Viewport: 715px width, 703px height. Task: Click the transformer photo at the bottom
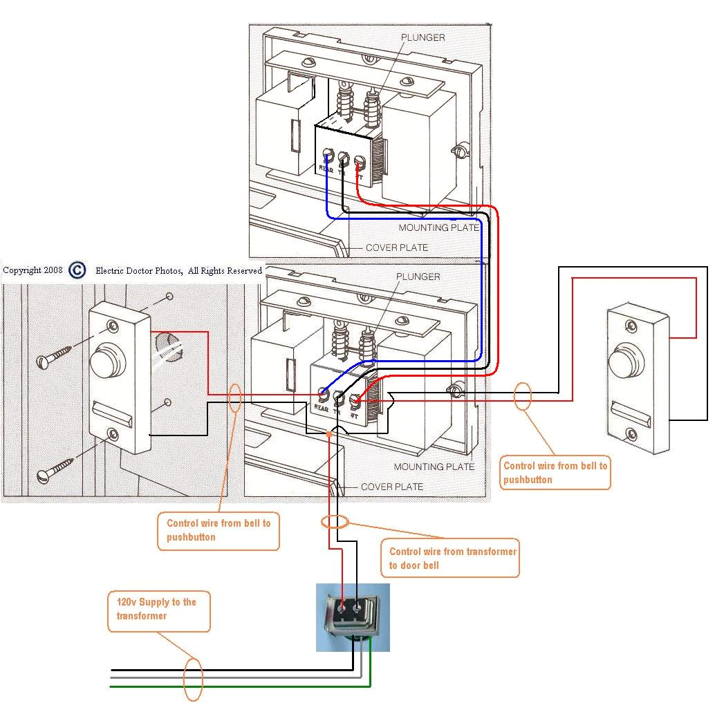point(353,617)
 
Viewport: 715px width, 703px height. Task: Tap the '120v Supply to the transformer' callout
point(158,609)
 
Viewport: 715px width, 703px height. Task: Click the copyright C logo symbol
point(77,270)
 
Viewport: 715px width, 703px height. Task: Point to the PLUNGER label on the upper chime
point(423,37)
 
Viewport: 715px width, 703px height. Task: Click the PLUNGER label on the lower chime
point(418,276)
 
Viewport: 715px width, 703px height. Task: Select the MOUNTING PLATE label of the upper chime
point(438,227)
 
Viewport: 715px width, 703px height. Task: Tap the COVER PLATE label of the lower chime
point(391,487)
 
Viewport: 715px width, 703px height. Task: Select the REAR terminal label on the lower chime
point(321,409)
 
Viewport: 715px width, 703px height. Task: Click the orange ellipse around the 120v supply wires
point(193,679)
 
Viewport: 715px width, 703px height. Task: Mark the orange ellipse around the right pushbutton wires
point(523,396)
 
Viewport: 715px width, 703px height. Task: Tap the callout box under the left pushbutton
point(218,530)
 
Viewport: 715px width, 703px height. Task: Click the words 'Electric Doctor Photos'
point(138,271)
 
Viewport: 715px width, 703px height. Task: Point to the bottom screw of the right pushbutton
point(631,433)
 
